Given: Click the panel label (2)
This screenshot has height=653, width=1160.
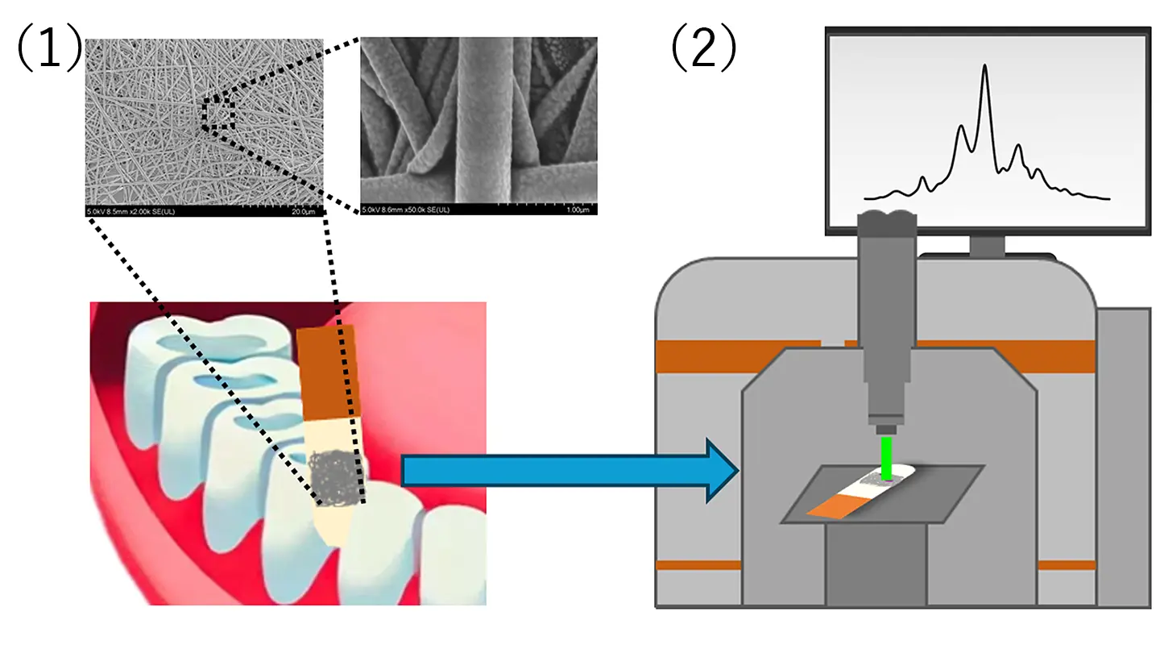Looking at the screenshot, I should click(x=703, y=50).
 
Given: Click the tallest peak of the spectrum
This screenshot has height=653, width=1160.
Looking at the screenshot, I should click(x=984, y=73).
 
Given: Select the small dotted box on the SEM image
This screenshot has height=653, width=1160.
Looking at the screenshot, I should click(x=217, y=113).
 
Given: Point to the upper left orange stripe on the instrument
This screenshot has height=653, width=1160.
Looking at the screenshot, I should click(x=738, y=356).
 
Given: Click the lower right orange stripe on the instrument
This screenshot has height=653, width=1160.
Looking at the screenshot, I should click(x=1066, y=565).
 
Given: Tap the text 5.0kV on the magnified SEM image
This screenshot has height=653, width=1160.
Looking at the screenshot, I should click(x=372, y=209).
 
